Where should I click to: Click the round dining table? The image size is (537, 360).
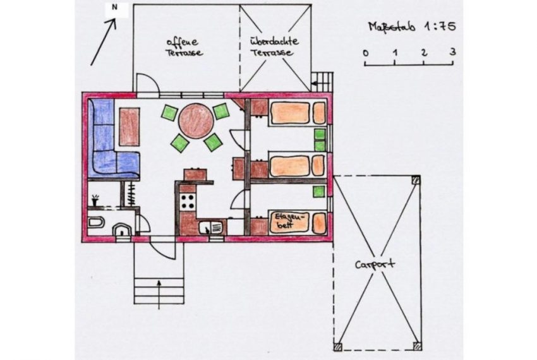(196, 121)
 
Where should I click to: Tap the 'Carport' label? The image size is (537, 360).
(375, 265)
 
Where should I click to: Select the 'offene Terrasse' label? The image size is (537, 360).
(184, 47)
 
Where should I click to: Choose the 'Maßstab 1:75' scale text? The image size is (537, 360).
(412, 27)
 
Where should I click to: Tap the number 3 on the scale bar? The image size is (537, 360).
(453, 52)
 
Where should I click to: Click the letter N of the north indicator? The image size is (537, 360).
(114, 7)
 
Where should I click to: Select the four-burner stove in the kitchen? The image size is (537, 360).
(188, 201)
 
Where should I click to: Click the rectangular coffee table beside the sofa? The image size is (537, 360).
(130, 127)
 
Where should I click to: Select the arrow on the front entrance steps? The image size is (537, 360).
(159, 294)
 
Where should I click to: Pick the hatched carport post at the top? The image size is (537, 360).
(416, 180)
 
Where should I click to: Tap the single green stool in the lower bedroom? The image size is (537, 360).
(319, 191)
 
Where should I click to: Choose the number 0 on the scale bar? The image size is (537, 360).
(366, 53)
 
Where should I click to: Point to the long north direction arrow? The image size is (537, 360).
(103, 42)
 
